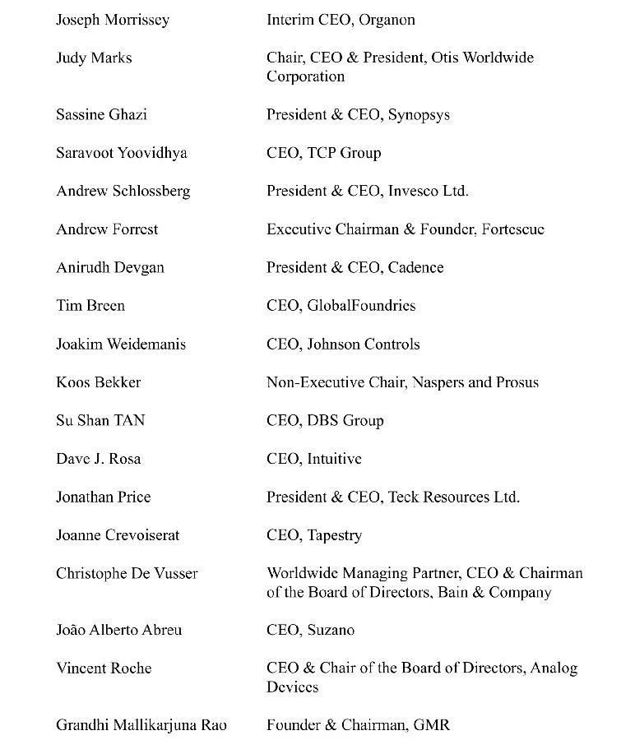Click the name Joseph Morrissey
[113, 20]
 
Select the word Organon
[387, 20]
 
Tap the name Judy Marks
[94, 58]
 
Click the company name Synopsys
[419, 115]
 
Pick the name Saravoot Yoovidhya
[122, 153]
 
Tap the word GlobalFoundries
[361, 306]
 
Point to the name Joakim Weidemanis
[121, 344]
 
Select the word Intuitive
[334, 459]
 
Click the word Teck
[406, 497]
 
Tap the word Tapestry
[334, 535]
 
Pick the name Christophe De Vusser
[127, 573]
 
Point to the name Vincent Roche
[104, 668]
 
